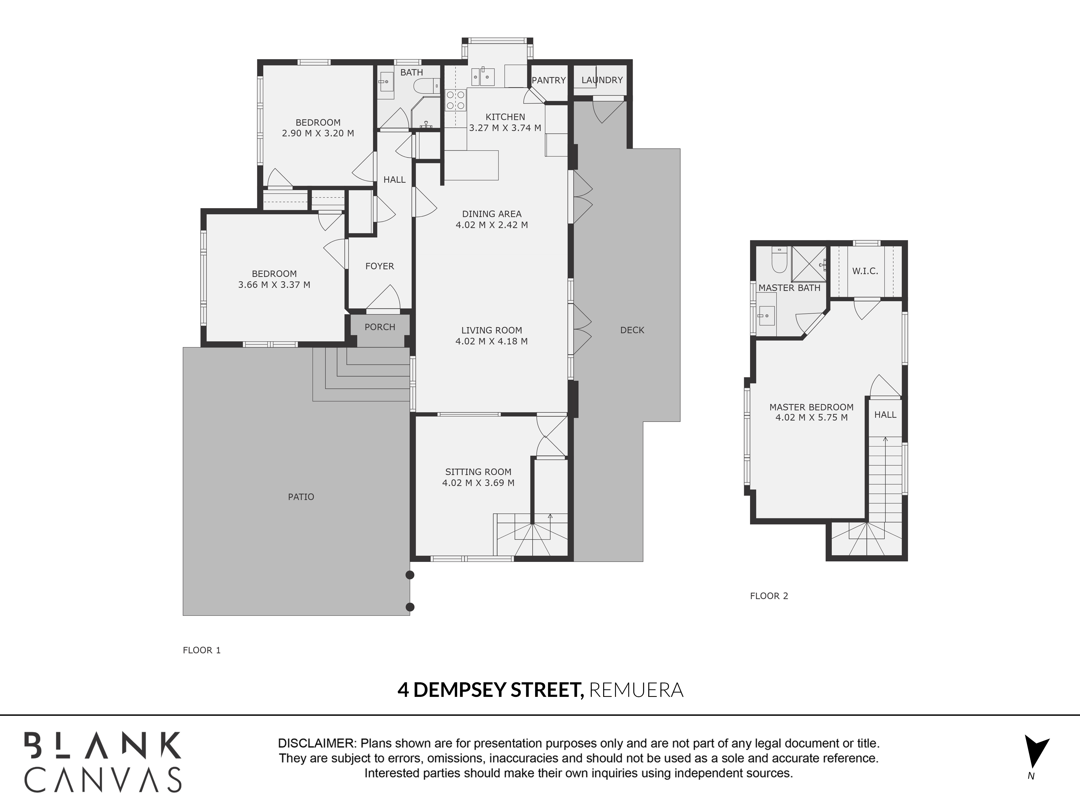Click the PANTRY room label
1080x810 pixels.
[548, 80]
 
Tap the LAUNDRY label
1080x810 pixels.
[602, 80]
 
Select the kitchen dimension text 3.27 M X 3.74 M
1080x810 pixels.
[505, 128]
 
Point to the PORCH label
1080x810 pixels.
[380, 327]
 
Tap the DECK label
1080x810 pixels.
[632, 330]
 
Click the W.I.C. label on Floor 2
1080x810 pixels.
[865, 271]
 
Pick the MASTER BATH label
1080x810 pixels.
[789, 288]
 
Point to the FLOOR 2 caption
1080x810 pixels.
[769, 596]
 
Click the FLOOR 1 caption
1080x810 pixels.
[202, 650]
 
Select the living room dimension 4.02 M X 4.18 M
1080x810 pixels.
[492, 341]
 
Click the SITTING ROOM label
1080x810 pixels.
[478, 472]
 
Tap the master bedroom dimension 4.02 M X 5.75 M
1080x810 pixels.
[811, 417]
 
